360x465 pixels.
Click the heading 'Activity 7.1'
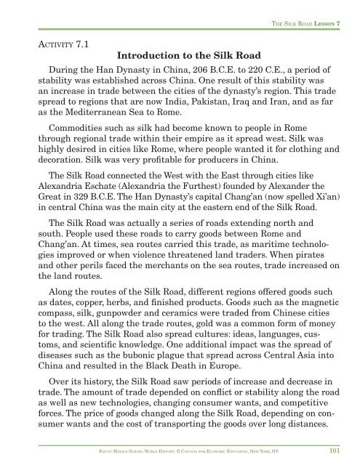pos(63,44)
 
